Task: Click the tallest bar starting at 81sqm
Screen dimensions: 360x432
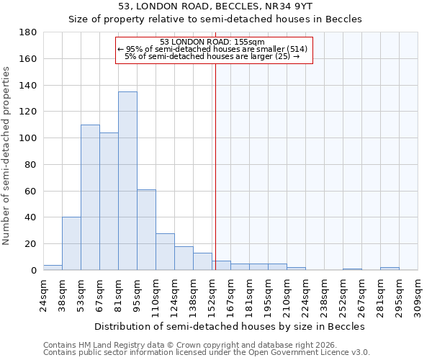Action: coord(127,181)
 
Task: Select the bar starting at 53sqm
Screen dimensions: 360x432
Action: coord(90,197)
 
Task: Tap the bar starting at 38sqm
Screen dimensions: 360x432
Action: coord(71,243)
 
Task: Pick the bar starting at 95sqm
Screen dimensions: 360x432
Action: coord(146,230)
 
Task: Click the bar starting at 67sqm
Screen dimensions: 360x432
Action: coord(109,202)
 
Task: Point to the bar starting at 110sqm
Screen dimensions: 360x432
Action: coord(165,251)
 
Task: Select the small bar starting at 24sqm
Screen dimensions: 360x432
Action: coord(53,267)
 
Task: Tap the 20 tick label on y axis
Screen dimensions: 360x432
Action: coord(32,244)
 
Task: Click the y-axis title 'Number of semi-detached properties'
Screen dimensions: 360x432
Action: coord(6,156)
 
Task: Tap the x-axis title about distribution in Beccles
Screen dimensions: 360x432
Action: coord(230,326)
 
